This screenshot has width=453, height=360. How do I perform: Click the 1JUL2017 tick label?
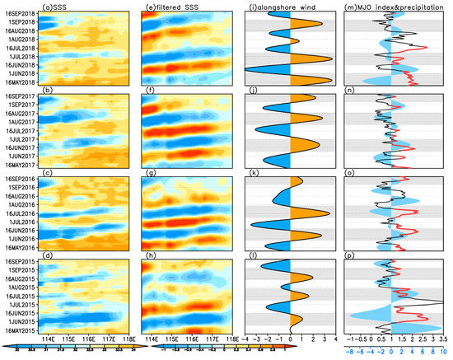click(x=21, y=140)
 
